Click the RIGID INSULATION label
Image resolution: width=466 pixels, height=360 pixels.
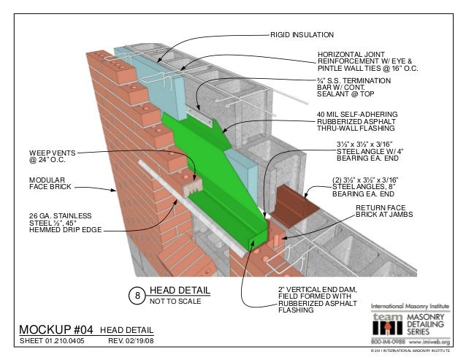(x=302, y=34)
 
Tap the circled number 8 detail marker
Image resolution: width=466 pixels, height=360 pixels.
(x=136, y=295)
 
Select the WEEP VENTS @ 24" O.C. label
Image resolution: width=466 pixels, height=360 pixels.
(x=48, y=156)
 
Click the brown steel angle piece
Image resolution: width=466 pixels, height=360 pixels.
(x=297, y=206)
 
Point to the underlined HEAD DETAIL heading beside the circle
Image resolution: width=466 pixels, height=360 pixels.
(x=180, y=289)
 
